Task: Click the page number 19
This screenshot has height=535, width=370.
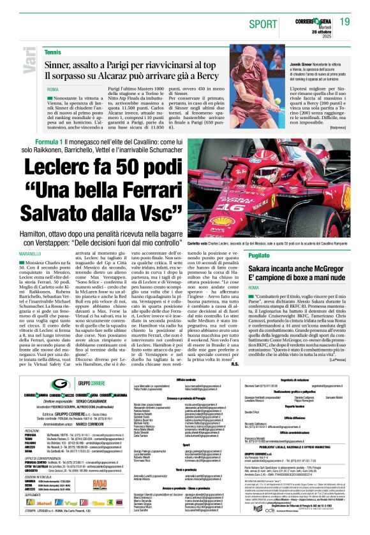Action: pos(344,22)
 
